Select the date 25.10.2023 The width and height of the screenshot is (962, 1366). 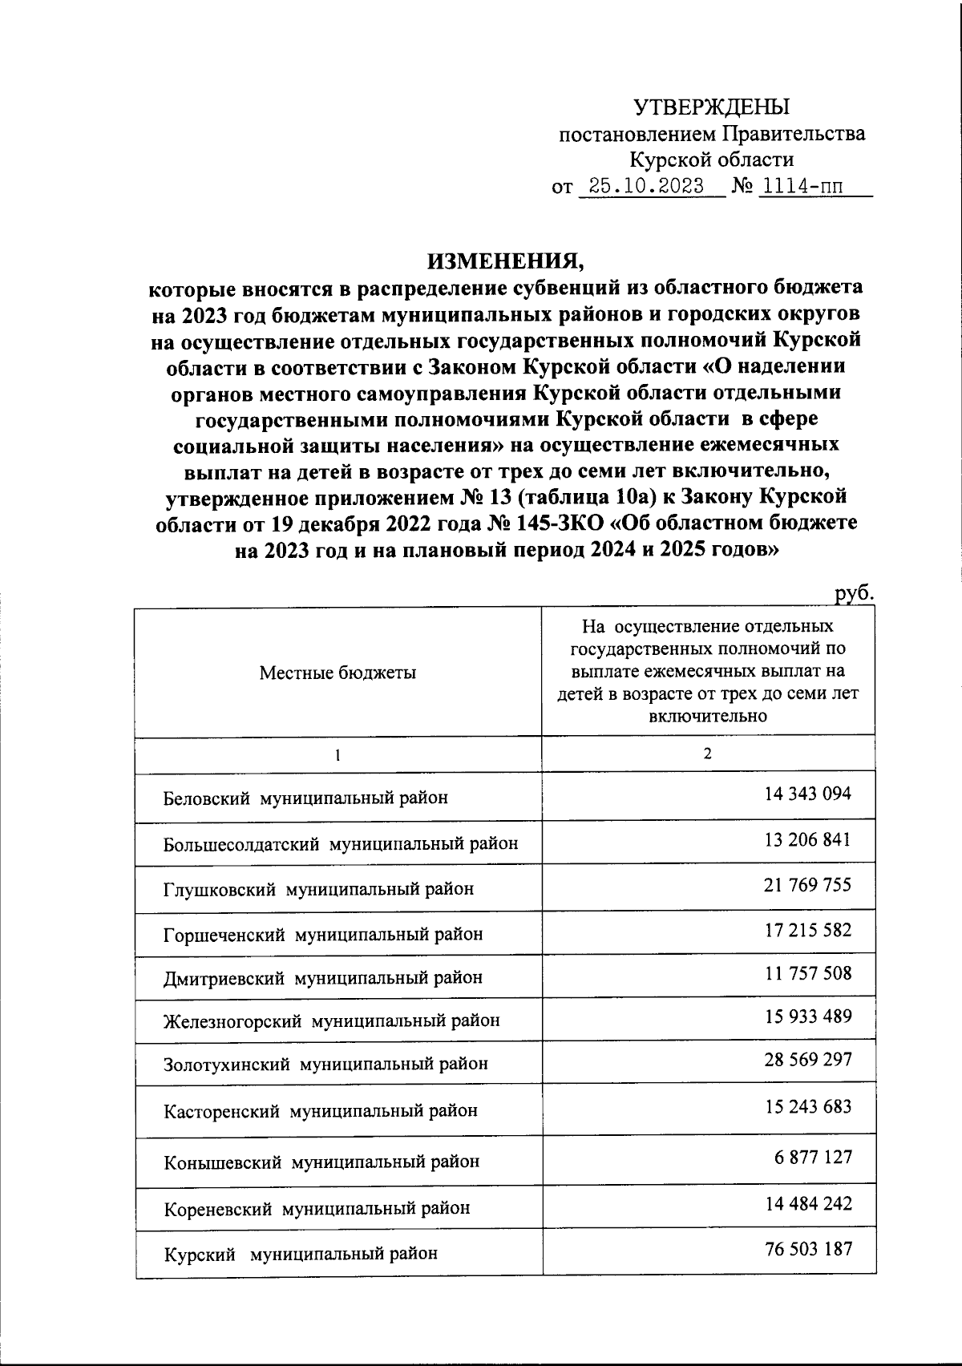[x=645, y=187]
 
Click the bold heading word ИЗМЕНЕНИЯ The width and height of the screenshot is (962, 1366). [x=507, y=261]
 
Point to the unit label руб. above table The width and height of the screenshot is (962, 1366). [x=852, y=594]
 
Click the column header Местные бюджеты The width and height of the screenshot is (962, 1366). [x=338, y=673]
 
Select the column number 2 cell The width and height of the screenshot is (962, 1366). [x=707, y=754]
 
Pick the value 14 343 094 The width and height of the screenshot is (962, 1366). [x=807, y=794]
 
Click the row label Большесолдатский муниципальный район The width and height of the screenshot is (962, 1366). [x=341, y=843]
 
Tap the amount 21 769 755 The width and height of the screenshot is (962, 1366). [x=807, y=885]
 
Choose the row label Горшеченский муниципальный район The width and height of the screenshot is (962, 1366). [x=323, y=934]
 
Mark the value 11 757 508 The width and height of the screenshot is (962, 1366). [x=807, y=973]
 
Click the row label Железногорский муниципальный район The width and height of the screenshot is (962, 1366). [x=331, y=1020]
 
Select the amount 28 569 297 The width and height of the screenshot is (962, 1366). [x=807, y=1060]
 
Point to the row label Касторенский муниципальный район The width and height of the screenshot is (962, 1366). [x=321, y=1110]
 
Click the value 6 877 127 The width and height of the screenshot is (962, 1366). [x=813, y=1158]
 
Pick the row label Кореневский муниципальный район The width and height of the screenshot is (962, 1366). [x=317, y=1208]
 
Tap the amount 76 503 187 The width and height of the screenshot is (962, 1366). [x=807, y=1249]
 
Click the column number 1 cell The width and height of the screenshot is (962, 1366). [x=338, y=755]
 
